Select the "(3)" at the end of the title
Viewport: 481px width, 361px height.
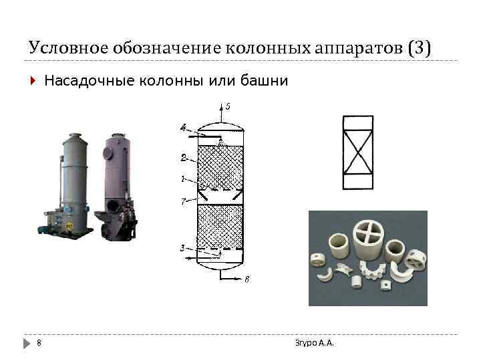pos(420,48)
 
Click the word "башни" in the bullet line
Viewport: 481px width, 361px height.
pos(268,82)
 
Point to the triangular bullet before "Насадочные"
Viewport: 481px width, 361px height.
pos(33,82)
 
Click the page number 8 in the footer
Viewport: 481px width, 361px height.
pos(39,343)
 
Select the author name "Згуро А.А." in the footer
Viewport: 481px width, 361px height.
pos(314,343)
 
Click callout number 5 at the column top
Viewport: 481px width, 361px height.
pos(228,106)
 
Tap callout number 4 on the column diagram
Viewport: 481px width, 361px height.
pos(182,127)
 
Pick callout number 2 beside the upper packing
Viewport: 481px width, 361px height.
pos(183,158)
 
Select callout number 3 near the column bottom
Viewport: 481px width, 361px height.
pos(182,248)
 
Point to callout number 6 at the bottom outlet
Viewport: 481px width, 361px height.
pos(247,279)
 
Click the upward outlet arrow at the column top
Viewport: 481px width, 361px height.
pos(221,110)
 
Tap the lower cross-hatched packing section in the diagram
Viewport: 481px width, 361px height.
pos(220,227)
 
